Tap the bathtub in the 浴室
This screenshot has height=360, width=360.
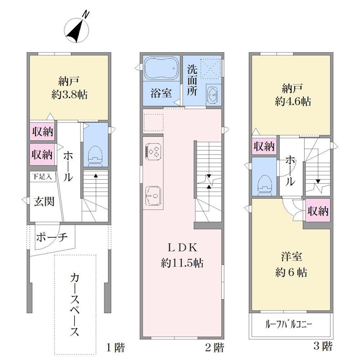point(161,68)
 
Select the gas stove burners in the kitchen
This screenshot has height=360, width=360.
point(153,152)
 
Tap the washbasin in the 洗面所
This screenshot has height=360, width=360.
point(213,94)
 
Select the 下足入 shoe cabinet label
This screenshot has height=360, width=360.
point(42,177)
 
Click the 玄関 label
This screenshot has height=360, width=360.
point(44,202)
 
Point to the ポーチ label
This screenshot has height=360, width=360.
point(52,237)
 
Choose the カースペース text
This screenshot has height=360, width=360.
point(75,305)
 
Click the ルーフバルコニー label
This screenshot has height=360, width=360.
point(288,324)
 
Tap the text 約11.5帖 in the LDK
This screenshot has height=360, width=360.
point(182,263)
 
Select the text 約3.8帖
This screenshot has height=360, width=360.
point(69,94)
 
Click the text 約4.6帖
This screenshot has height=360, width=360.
point(293,101)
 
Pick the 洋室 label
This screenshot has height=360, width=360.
point(292,256)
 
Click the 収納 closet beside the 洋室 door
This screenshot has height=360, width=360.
point(318,211)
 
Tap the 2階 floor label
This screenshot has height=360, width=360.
point(215,347)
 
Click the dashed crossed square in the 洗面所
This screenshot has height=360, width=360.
point(211,68)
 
